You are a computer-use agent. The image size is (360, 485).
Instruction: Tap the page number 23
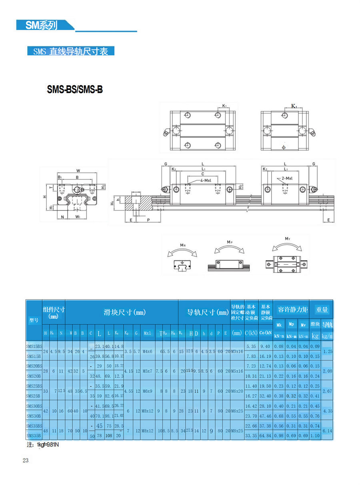click(x=26, y=461)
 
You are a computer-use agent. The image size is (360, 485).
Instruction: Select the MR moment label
click(x=182, y=245)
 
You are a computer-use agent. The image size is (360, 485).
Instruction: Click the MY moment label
click(x=287, y=239)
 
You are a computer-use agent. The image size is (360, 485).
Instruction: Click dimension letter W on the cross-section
click(x=78, y=171)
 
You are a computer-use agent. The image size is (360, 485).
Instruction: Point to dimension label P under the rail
click(x=148, y=220)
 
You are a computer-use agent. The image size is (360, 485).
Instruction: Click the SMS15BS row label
click(x=34, y=346)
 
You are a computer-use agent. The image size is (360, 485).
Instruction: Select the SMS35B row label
click(x=34, y=435)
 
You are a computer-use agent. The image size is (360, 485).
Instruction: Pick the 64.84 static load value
click(x=265, y=435)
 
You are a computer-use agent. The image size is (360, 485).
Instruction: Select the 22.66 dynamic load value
click(x=251, y=426)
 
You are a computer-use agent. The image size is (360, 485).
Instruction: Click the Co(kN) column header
click(x=265, y=333)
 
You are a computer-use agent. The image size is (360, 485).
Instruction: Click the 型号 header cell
click(x=34, y=319)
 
